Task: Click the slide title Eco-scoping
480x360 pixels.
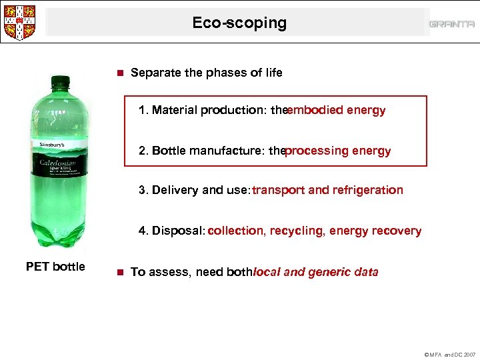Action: click(239, 23)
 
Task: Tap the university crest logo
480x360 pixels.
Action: click(19, 22)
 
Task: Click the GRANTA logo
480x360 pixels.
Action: click(451, 24)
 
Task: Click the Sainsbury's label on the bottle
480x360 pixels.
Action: click(43, 144)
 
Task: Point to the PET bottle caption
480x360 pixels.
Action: click(55, 267)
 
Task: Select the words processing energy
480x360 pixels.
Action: click(338, 151)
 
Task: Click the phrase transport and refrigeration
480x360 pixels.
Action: click(327, 190)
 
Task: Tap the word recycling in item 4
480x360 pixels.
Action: click(297, 231)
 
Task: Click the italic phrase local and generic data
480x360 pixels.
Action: click(316, 271)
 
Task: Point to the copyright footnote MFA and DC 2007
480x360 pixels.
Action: click(449, 354)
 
